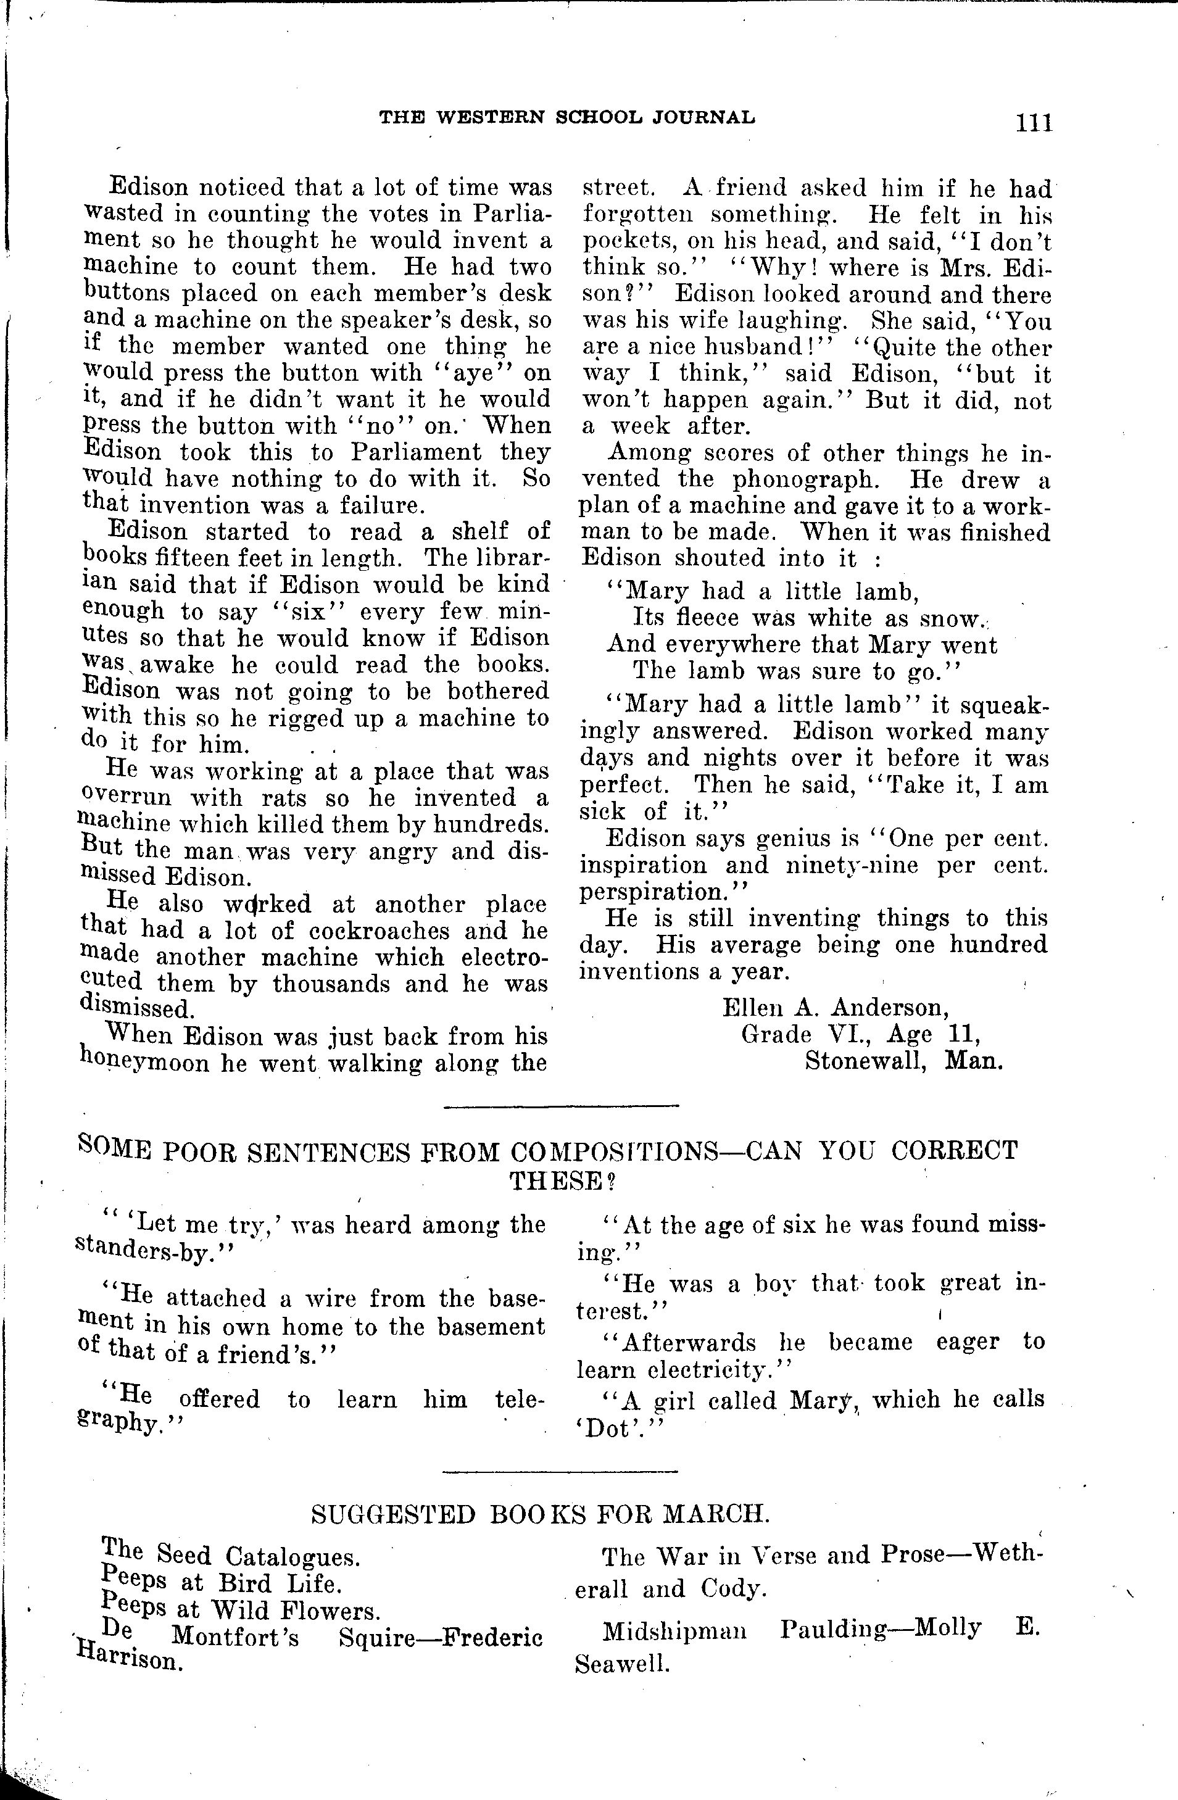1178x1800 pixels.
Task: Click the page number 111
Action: [1034, 122]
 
